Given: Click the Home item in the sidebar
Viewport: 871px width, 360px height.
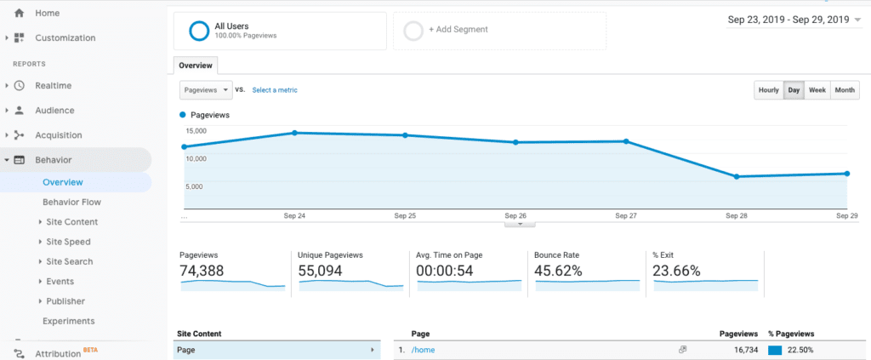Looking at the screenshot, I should pos(47,13).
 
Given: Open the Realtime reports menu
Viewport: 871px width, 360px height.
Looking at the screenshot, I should pos(53,86).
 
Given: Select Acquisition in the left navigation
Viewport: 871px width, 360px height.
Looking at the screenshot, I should pos(58,135).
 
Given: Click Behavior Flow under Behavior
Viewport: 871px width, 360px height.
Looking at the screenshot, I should pos(71,202).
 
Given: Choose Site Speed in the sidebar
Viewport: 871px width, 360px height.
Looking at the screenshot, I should pos(69,242).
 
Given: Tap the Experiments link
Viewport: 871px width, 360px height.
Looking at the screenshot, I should pos(68,321).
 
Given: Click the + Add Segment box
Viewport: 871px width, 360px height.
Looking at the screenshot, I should pos(498,31).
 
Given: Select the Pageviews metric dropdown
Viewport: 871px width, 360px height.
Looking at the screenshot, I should pos(206,90).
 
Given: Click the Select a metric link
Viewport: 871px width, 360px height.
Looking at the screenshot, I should pos(275,90).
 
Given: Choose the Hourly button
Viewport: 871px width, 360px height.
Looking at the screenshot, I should pos(768,90).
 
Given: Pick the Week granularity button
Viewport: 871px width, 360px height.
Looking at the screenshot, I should pos(817,90).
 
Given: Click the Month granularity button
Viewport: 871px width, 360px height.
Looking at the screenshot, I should pos(844,90).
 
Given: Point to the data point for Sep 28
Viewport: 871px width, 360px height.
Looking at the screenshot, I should pos(737,176).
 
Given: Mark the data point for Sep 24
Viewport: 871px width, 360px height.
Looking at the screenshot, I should pos(294,133).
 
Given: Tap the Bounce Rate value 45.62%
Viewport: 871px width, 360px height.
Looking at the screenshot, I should pos(558,271).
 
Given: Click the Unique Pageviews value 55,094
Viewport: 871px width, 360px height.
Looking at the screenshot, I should pos(322,271).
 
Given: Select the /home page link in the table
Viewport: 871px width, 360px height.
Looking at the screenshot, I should pos(423,350).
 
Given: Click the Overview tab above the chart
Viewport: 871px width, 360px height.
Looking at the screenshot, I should pos(196,65).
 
